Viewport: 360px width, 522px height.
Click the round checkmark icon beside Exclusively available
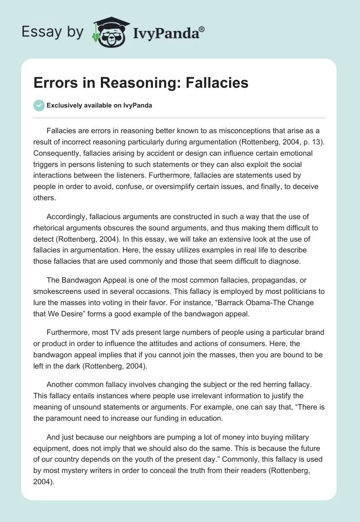(39, 105)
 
